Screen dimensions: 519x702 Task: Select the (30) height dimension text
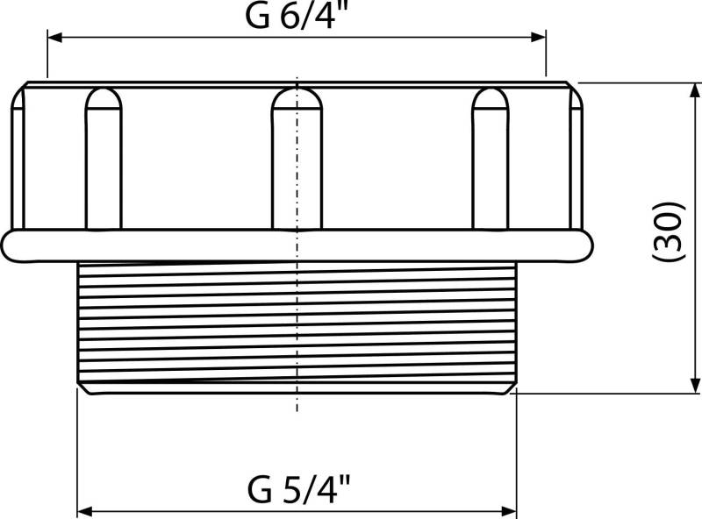[669, 233]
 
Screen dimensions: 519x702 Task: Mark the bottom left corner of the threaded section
[81, 389]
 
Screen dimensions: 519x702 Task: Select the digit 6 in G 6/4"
[279, 18]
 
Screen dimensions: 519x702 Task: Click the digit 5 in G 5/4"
[281, 487]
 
